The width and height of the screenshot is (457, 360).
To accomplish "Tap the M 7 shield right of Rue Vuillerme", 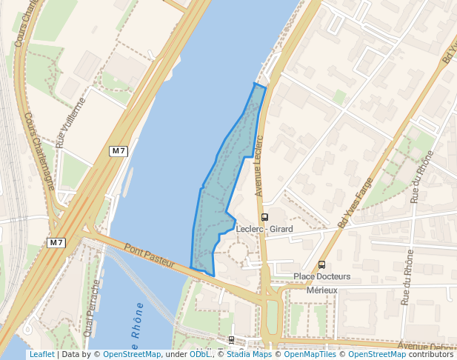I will point(119,151).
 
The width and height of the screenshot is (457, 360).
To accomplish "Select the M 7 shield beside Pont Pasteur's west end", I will point(57,242).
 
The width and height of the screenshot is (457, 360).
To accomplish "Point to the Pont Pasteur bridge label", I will point(150,256).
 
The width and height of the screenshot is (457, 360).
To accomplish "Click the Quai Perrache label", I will point(93,307).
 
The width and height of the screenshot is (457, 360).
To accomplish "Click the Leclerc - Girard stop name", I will point(264,230).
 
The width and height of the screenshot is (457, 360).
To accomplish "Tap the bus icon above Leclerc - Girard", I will point(264,217).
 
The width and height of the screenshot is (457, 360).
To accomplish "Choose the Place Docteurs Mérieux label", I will point(321,283).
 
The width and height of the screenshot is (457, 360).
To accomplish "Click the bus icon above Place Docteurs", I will point(321,264).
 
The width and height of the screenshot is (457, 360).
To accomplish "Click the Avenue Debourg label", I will point(426,347).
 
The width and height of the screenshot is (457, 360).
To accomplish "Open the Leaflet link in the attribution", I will point(41,354).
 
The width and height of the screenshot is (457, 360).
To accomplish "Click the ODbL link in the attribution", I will point(199,354).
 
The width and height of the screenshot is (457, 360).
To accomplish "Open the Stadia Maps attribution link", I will point(249,354).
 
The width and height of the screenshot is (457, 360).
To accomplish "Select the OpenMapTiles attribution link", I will point(310,354).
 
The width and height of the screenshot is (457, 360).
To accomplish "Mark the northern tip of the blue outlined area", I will point(255,84).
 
